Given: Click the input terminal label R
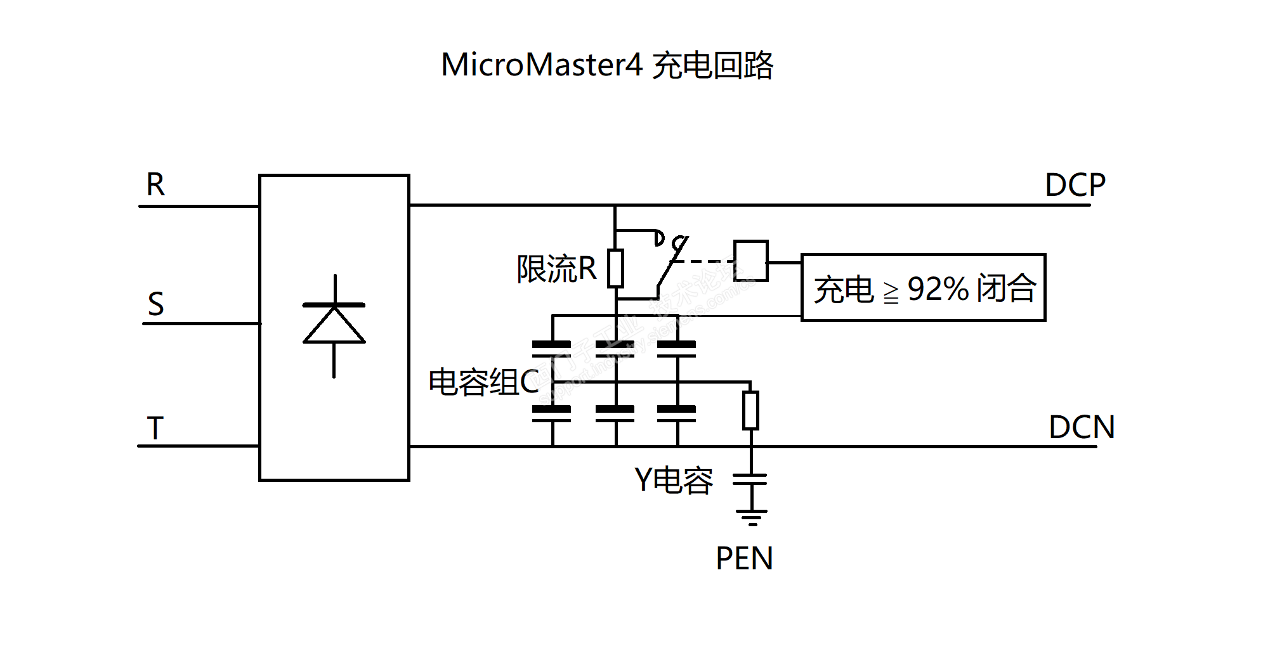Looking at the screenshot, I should [x=155, y=185].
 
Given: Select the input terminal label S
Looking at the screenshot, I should [x=156, y=304].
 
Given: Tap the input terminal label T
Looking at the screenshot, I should [x=155, y=429].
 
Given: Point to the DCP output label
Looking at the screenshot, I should [x=1075, y=185].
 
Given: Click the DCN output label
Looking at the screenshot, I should [x=1082, y=427].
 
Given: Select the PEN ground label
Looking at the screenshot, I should [x=744, y=559].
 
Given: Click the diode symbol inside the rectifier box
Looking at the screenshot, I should [x=334, y=325].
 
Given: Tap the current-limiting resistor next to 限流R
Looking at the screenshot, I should [x=615, y=268].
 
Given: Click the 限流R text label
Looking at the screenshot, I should [x=556, y=269].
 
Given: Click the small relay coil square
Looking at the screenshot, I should [x=751, y=261].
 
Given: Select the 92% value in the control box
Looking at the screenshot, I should [x=938, y=289].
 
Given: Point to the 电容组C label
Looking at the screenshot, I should [x=483, y=382].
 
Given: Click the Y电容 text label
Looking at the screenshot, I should [x=674, y=480].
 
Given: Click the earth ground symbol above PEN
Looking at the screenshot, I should [x=751, y=517].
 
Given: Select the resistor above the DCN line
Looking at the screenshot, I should [x=751, y=410].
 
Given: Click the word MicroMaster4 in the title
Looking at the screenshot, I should [x=542, y=65].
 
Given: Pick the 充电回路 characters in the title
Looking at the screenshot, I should [x=712, y=65].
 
